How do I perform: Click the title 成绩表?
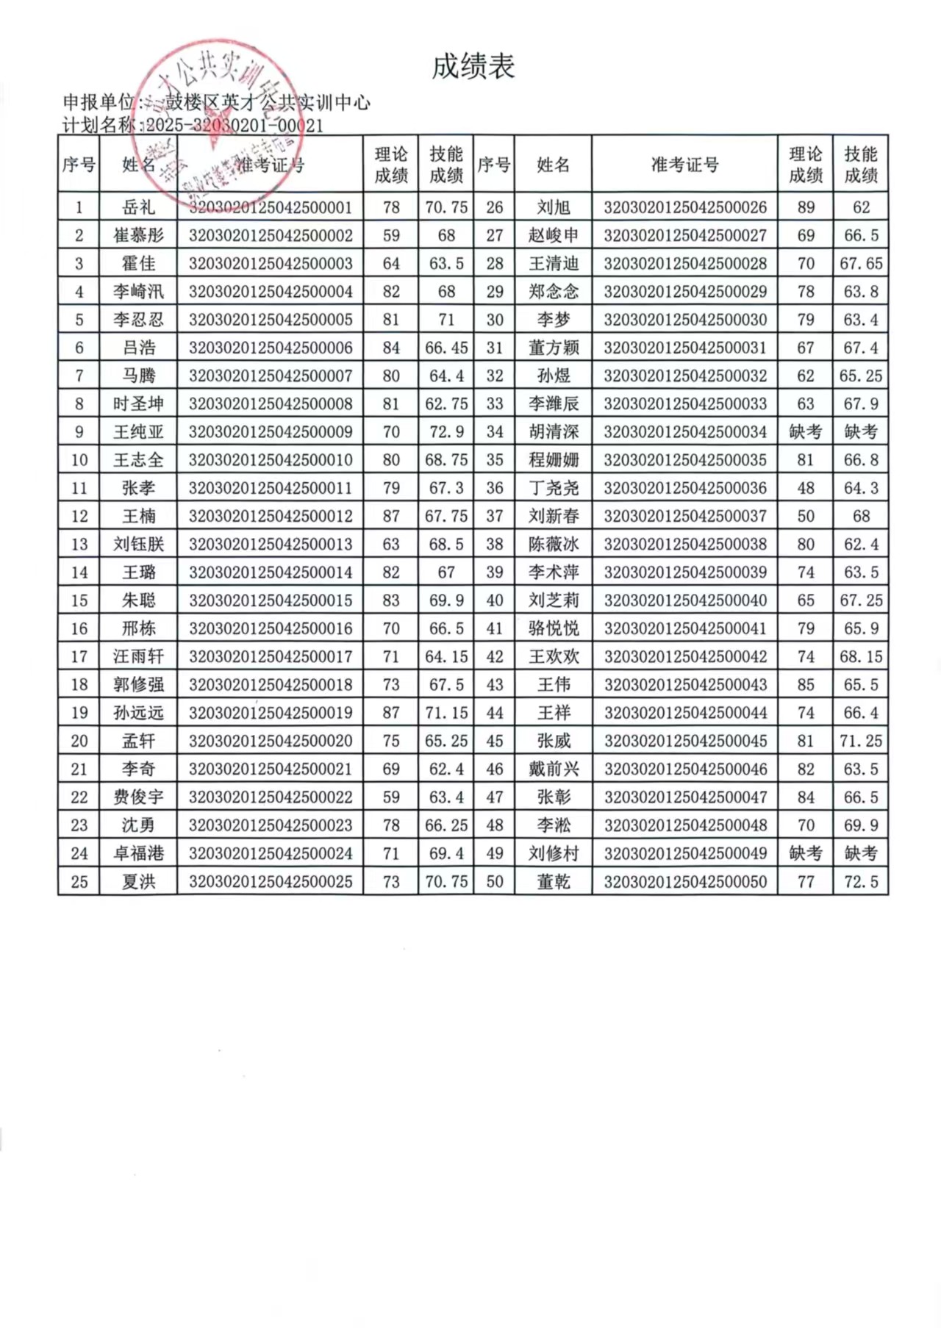[473, 67]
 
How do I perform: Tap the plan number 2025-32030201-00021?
[235, 126]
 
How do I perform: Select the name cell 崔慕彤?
[138, 235]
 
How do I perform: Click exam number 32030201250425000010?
[271, 460]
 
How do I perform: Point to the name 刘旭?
[553, 207]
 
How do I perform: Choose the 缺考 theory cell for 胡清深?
[805, 432]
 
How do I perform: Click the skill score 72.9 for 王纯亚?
[446, 432]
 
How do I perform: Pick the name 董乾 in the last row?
[553, 881]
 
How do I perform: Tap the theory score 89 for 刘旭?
[805, 207]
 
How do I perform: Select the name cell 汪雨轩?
[138, 656]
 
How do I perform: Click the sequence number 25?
[79, 881]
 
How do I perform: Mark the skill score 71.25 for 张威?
[861, 741]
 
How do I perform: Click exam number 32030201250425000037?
[685, 516]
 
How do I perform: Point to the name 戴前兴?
[553, 769]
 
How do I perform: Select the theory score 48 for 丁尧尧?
[805, 488]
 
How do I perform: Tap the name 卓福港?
[138, 853]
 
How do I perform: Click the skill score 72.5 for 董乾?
[861, 881]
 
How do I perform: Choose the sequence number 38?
[494, 544]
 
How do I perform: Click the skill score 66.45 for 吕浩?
[446, 348]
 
